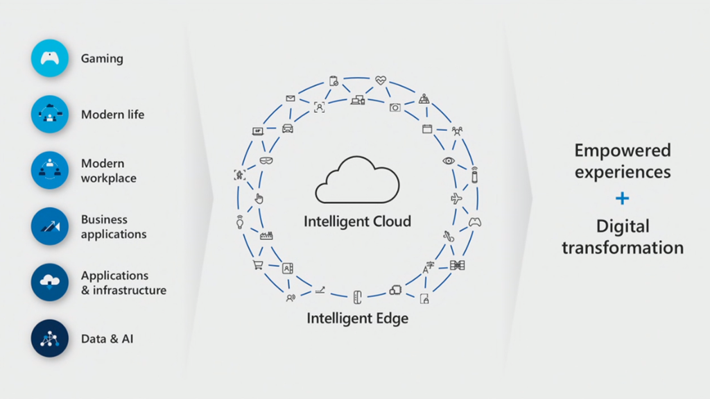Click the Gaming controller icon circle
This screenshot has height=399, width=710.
[50, 58]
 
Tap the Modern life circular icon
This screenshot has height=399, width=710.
[50, 114]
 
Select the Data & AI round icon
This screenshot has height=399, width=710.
[50, 339]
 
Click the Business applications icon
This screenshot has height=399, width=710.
[50, 226]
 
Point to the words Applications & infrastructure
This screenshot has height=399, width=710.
[123, 282]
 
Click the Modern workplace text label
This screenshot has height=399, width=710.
[109, 171]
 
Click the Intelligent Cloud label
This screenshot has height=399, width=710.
[357, 221]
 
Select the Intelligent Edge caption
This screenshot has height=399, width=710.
[357, 319]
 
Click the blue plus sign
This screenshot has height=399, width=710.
[623, 198]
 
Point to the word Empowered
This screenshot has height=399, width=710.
[623, 150]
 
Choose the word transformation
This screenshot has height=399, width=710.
[623, 248]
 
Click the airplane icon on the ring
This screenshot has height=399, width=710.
[456, 198]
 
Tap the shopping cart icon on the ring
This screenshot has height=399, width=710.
[258, 264]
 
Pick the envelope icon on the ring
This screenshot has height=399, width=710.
[291, 99]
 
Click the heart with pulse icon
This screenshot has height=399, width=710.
[381, 80]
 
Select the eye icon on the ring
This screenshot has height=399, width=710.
[449, 161]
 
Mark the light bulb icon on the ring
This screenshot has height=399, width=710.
[240, 223]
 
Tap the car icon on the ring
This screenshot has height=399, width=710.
[288, 128]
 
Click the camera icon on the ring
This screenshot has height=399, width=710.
[395, 107]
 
